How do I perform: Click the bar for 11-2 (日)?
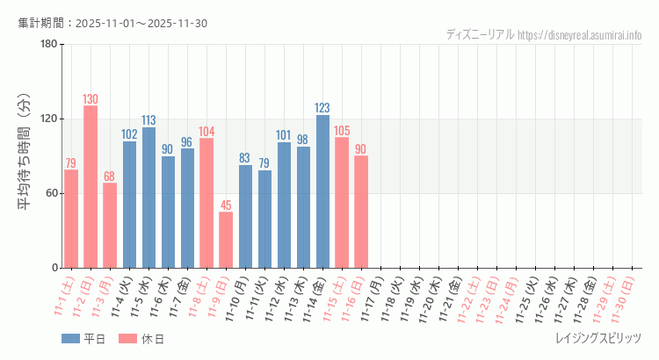tap(91, 187)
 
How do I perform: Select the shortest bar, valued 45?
tap(226, 240)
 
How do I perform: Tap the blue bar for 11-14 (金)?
tap(322, 191)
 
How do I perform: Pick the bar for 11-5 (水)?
tap(148, 198)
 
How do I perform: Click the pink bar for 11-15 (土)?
tap(342, 203)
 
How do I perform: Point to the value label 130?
tap(91, 99)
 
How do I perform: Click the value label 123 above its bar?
tap(322, 108)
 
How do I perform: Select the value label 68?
tap(110, 176)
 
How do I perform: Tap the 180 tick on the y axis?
tap(48, 44)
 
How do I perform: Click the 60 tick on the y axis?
tap(51, 193)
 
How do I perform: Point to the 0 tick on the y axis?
tap(54, 268)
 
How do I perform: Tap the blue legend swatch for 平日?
tap(70, 339)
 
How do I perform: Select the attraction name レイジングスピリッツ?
tap(598, 339)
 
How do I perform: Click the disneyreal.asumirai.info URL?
tap(580, 34)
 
